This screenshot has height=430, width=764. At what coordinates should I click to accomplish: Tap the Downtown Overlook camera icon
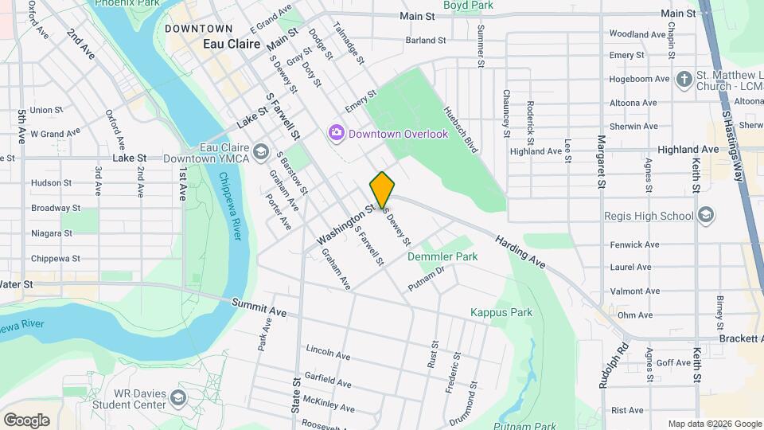click(x=336, y=131)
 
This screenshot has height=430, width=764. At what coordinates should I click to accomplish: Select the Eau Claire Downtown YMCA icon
click(x=260, y=151)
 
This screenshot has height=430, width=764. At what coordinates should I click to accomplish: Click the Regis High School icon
click(x=705, y=215)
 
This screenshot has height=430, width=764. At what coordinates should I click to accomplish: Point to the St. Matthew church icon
click(x=684, y=78)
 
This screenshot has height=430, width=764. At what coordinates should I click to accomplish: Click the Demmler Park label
click(x=442, y=256)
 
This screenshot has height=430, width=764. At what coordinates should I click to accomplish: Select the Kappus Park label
click(x=501, y=312)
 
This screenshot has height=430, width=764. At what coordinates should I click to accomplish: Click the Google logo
click(x=26, y=420)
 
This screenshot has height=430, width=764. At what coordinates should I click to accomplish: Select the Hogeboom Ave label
click(x=639, y=79)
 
